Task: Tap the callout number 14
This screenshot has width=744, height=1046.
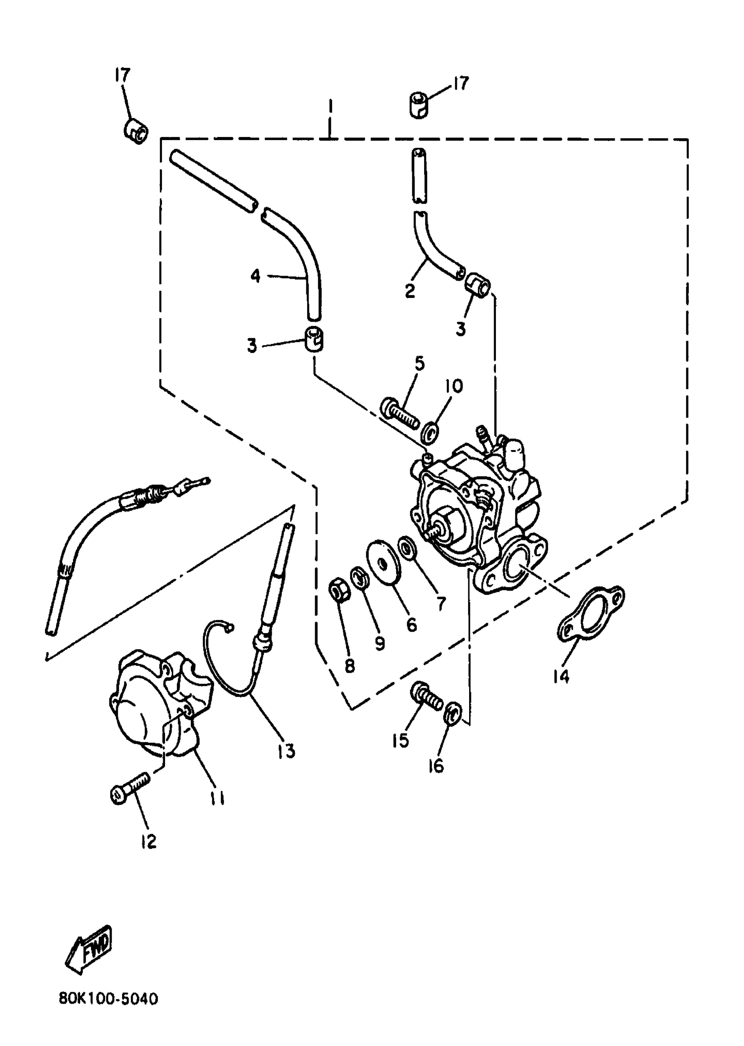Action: pos(561,676)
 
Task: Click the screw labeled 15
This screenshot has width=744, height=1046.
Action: pos(428,698)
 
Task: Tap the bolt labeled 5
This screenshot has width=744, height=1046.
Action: pos(400,414)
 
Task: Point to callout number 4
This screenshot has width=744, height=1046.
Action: pos(255,276)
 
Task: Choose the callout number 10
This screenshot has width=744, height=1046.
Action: pos(453,386)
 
